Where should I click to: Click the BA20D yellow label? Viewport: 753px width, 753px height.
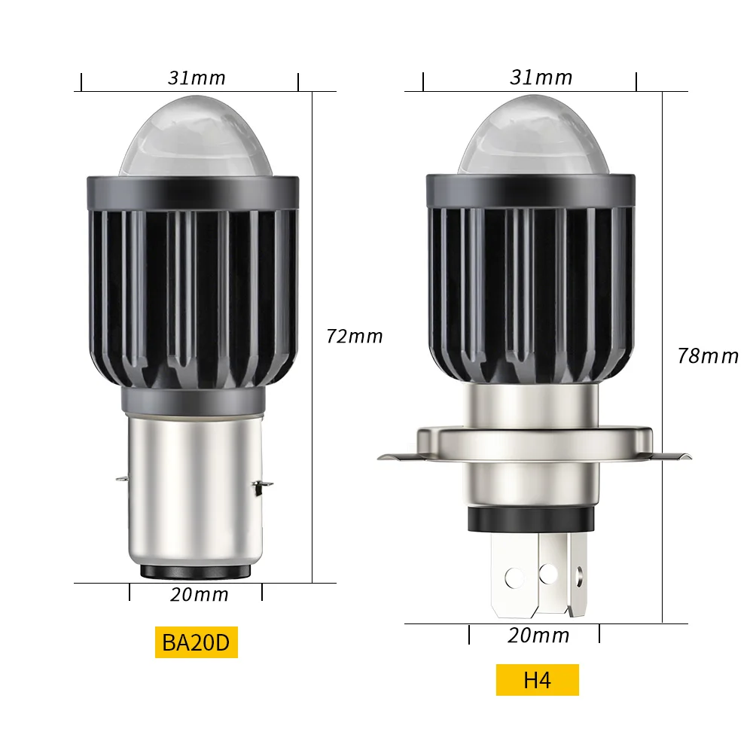click(197, 642)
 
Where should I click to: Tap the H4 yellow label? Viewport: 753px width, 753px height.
click(537, 680)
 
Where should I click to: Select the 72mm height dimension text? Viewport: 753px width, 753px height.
click(355, 336)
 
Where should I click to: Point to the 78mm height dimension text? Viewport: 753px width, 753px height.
click(707, 355)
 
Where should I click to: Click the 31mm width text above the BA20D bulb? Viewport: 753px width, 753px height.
click(197, 78)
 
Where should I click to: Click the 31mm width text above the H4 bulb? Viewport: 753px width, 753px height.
click(541, 78)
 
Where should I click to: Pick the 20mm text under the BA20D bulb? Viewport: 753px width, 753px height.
click(199, 594)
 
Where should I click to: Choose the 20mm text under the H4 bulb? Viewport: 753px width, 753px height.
click(538, 636)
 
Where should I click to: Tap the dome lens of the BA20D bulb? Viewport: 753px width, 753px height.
click(192, 139)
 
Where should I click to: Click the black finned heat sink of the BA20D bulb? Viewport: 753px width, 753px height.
click(193, 294)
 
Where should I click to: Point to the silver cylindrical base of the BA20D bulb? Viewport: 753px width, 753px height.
click(194, 489)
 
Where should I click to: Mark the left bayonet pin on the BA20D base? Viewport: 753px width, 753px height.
click(121, 477)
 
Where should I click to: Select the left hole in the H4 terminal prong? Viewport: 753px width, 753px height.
click(514, 578)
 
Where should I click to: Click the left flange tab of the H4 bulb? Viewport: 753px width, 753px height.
click(395, 456)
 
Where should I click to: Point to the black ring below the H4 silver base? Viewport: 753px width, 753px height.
click(530, 520)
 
